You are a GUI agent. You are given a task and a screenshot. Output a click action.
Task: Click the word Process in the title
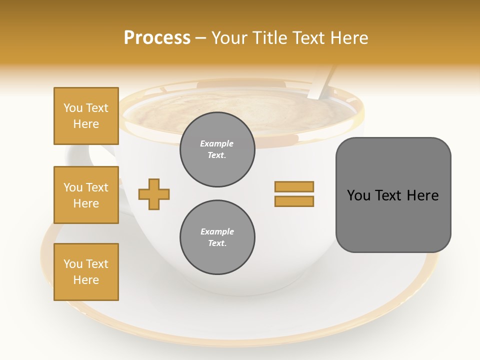(157, 38)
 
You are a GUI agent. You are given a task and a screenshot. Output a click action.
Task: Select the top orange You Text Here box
(86, 116)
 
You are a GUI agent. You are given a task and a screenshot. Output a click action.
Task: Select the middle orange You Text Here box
(86, 195)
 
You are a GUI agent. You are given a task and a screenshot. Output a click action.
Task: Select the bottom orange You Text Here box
(86, 272)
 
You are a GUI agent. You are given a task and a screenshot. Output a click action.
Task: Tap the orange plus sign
(154, 194)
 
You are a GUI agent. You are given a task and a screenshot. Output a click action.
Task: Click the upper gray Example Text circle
(217, 149)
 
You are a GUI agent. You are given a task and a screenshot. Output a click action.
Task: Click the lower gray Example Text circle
(217, 237)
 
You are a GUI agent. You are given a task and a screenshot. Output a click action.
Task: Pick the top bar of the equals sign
(294, 186)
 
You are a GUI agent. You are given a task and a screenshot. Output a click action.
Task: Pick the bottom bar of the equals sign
(294, 201)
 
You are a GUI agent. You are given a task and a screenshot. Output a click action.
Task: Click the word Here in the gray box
(422, 195)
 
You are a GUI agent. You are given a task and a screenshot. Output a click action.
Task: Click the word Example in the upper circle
(217, 143)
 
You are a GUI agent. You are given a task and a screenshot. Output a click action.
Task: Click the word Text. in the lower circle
(217, 243)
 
